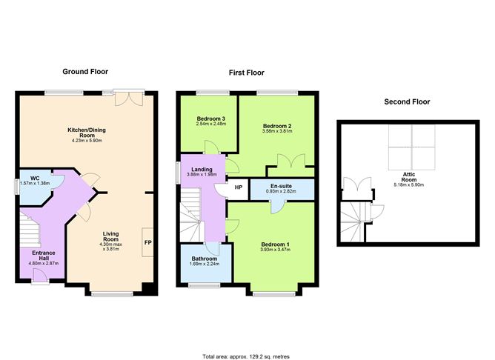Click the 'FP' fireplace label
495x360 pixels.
tap(147, 242)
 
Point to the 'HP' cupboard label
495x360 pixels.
tap(238, 187)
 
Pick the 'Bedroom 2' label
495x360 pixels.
tap(277, 126)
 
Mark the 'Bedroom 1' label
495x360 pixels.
tap(275, 244)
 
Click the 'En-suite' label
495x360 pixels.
tap(280, 185)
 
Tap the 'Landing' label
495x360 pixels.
tap(202, 170)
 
